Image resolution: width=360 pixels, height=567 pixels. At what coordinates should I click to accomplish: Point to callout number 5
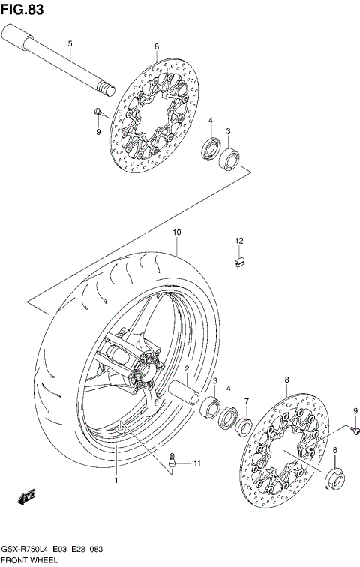click(x=70, y=44)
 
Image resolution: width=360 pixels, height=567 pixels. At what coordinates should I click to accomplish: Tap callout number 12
click(x=239, y=241)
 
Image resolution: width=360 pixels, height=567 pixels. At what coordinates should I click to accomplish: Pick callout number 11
click(x=198, y=464)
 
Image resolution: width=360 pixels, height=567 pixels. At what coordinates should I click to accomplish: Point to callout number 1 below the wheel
click(x=116, y=479)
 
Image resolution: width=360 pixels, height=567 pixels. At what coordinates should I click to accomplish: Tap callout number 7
click(x=245, y=400)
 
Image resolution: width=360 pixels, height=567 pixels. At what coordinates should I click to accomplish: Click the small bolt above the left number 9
click(x=97, y=112)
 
